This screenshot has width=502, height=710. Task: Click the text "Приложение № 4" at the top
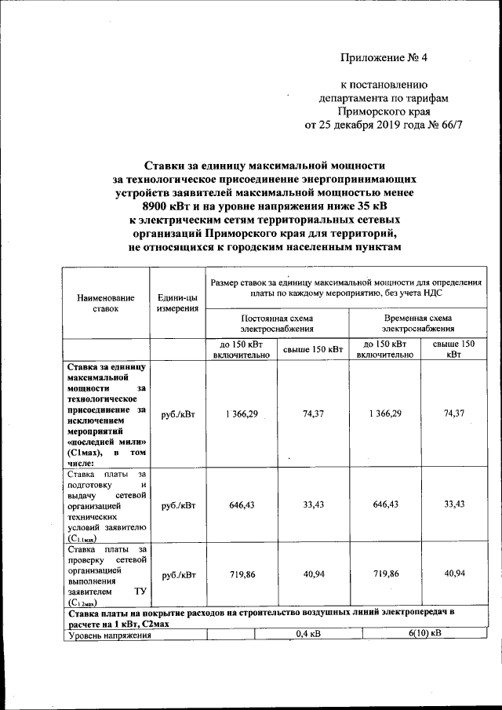click(387, 58)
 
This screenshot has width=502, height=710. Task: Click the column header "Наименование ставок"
click(106, 304)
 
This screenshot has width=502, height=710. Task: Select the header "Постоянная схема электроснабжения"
click(276, 324)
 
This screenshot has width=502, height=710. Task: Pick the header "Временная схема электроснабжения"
click(417, 324)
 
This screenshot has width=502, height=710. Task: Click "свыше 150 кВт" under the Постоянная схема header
click(312, 349)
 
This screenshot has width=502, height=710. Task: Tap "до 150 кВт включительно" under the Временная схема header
click(385, 349)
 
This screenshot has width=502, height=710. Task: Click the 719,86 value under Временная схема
click(385, 575)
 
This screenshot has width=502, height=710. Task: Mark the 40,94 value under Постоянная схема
click(312, 575)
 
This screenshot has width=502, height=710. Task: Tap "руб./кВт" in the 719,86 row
click(177, 576)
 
